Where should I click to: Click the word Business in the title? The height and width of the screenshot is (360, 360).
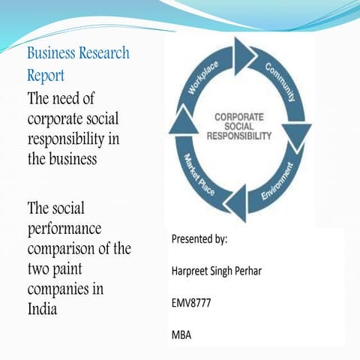[53, 55]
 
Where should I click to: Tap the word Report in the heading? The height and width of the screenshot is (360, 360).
[46, 76]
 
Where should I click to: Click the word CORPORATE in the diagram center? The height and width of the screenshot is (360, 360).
[239, 118]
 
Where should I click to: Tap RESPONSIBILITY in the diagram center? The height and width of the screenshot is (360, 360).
[239, 136]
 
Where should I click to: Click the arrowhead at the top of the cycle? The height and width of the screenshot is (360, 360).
[244, 54]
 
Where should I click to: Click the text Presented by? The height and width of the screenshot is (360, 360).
[199, 240]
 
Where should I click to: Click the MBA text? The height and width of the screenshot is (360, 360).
[181, 335]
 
